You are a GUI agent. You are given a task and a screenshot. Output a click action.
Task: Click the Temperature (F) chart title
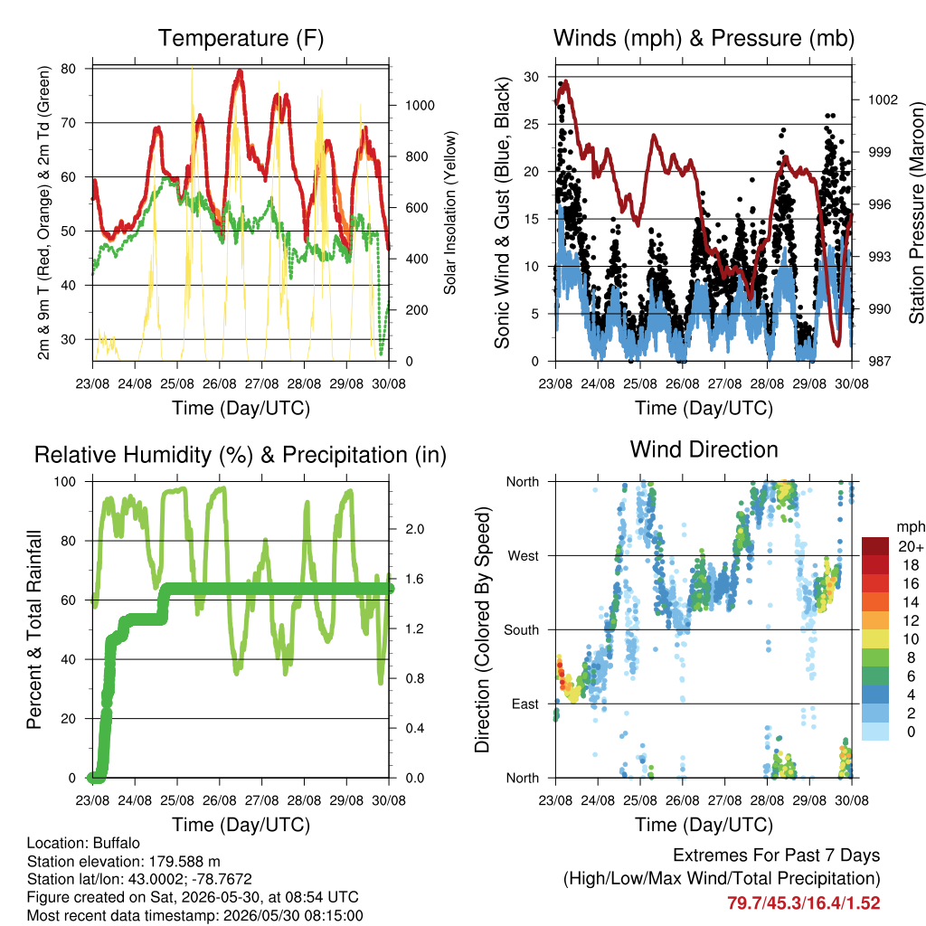point(241,38)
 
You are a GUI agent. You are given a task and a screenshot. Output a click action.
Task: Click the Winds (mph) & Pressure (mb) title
point(704,38)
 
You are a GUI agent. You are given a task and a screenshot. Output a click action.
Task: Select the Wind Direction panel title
point(704,449)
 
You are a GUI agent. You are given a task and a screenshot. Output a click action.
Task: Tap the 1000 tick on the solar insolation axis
point(420,106)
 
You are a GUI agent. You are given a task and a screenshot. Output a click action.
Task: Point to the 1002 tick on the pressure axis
point(883,99)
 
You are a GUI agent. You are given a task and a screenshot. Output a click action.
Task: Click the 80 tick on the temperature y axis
point(69,69)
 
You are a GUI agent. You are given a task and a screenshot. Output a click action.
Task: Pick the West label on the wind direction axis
point(524,556)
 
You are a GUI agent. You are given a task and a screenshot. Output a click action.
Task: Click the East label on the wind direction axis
point(525,704)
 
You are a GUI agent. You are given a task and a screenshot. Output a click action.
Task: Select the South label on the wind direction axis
point(522,630)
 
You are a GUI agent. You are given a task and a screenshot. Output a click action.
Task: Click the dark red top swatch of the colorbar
point(875,546)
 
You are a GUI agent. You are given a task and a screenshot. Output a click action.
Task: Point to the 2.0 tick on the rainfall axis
point(414,529)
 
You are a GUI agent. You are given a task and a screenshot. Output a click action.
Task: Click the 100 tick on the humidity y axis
point(65,482)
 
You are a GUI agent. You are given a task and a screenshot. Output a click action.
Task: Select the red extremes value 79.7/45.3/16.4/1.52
point(804,903)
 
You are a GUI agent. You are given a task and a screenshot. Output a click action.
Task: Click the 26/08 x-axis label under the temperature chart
point(220,383)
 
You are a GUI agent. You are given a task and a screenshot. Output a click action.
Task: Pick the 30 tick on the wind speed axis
point(532,77)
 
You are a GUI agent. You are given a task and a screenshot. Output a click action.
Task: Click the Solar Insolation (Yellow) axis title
point(450,213)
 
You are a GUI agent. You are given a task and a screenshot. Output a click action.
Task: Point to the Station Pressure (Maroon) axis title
point(916,213)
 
